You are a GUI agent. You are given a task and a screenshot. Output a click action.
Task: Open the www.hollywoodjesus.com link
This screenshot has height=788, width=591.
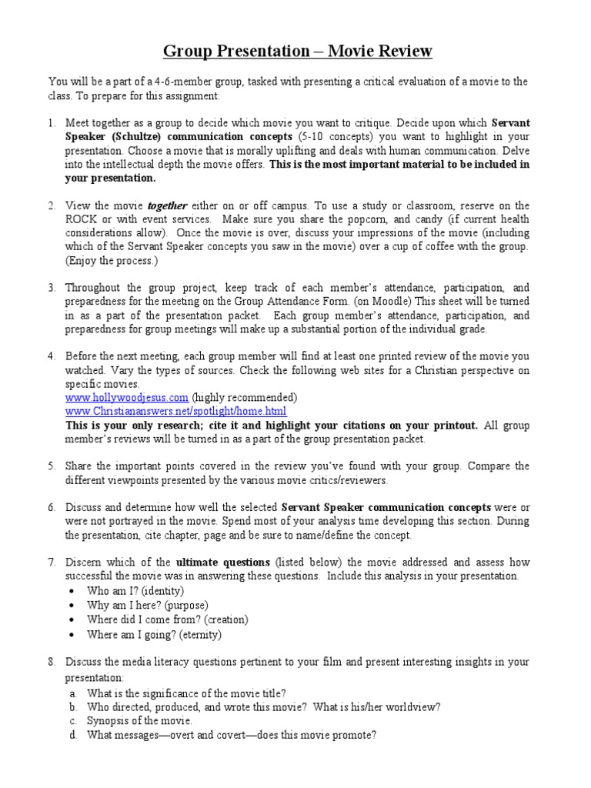coord(126,397)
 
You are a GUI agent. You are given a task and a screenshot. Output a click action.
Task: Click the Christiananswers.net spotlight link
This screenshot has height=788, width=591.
coord(175,411)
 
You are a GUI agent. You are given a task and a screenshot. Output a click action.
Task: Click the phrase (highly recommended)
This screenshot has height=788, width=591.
coord(245,397)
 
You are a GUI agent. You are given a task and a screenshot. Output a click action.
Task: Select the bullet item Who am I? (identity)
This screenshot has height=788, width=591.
coord(135,591)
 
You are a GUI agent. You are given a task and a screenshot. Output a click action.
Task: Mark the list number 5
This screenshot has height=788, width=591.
coord(51,466)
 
